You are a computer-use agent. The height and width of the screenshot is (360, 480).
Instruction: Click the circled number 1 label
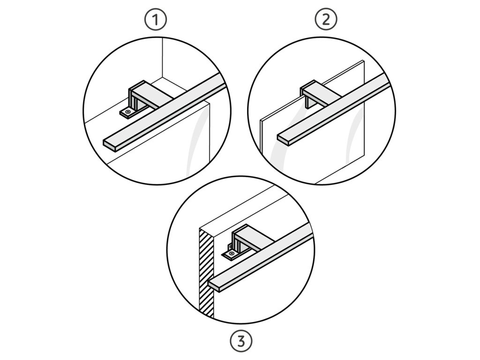pos(156,20)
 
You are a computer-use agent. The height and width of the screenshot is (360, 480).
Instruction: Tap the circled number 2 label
pos(326,20)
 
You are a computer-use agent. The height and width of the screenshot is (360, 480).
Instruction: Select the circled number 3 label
pos(241,341)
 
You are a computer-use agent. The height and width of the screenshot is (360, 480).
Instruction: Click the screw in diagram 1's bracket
pos(127,112)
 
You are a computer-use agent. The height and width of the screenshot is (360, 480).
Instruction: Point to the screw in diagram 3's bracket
pos(232,253)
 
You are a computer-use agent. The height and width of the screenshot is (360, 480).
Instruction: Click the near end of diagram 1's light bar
pos(110,145)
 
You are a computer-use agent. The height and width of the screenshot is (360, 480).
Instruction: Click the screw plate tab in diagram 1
pos(127,112)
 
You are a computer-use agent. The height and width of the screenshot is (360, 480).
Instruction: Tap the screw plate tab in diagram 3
pos(232,253)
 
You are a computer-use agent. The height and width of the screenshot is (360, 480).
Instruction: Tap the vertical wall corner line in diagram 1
pos(162,58)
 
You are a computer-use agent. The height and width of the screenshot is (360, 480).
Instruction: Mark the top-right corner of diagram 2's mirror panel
pos(363,60)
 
